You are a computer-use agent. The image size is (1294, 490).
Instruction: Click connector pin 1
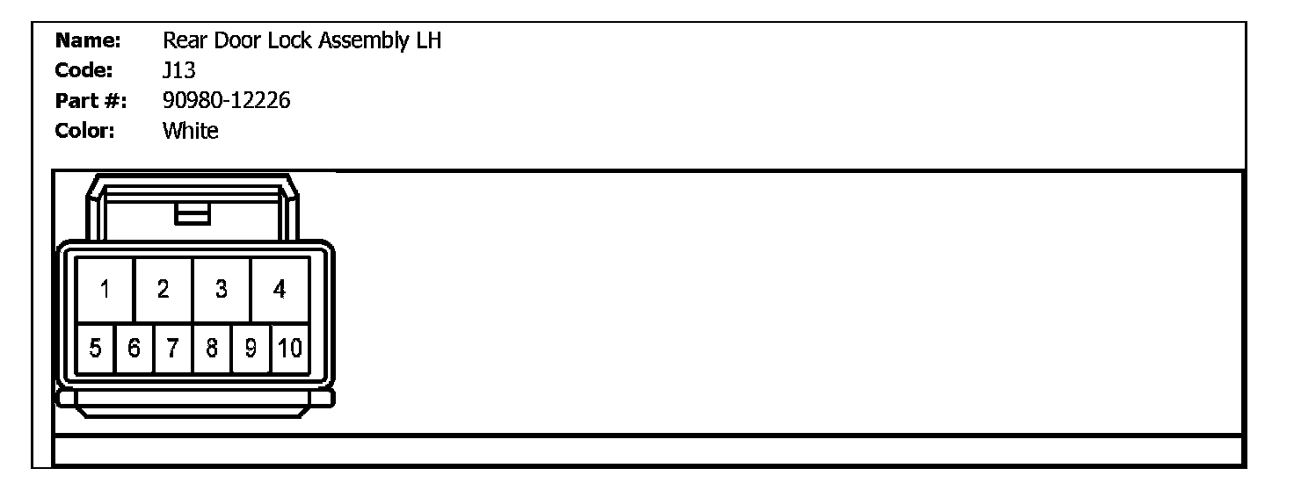[x=105, y=289]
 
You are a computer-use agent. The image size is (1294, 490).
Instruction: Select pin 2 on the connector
[x=164, y=289]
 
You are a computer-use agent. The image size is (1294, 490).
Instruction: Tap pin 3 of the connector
[x=222, y=289]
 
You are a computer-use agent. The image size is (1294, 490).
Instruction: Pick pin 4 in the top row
[x=280, y=289]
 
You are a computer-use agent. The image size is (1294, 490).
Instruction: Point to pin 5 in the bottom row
[x=95, y=349]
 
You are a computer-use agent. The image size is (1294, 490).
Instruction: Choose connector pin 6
[x=134, y=349]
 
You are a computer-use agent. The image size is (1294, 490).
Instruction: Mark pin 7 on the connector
[x=173, y=349]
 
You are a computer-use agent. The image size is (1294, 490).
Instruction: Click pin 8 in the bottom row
[x=212, y=349]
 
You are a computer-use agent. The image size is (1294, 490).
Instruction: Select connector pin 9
[x=251, y=349]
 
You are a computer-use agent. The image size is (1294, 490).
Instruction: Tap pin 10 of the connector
[x=290, y=349]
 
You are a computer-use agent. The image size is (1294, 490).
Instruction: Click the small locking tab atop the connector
[x=193, y=213]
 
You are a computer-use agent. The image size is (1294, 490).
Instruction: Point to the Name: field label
[x=87, y=41]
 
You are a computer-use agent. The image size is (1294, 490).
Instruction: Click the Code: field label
[x=84, y=71]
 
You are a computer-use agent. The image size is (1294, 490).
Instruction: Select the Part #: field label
[x=91, y=102]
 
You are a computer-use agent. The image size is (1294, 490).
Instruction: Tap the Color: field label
[x=85, y=132]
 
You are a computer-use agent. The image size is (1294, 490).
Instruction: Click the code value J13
[x=179, y=71]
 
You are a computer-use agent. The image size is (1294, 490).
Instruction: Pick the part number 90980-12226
[x=227, y=102]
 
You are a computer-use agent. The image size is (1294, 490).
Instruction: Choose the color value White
[x=191, y=132]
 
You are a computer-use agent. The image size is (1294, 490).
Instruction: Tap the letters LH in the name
[x=427, y=41]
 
